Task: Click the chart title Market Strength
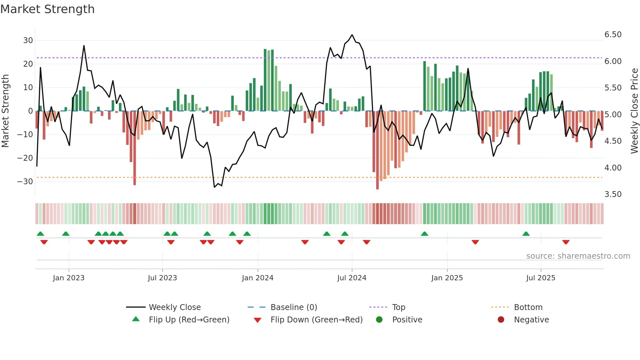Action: point(47,9)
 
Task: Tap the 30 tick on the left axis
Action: point(28,41)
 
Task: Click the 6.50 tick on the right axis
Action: point(613,35)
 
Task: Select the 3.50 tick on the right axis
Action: point(613,194)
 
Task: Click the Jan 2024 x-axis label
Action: point(258,278)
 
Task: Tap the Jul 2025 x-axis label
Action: point(541,278)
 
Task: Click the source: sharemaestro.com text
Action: point(578,256)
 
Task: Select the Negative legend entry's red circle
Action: point(501,319)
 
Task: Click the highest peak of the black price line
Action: point(352,35)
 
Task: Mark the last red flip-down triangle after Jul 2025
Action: point(566,242)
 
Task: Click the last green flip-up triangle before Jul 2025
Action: point(526,234)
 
